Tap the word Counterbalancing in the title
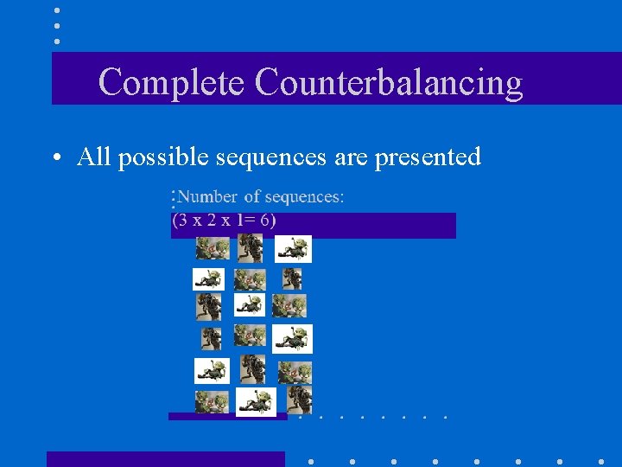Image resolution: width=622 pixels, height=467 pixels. point(389,82)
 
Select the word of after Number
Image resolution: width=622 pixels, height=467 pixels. point(251,197)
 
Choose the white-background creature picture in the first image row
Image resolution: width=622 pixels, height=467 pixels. point(293,249)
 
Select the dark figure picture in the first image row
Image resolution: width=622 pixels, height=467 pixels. point(251,248)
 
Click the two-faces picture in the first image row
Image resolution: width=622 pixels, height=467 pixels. point(212,249)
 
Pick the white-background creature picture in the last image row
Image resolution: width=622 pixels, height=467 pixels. point(256,400)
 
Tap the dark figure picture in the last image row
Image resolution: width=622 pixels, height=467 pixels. point(299,398)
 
